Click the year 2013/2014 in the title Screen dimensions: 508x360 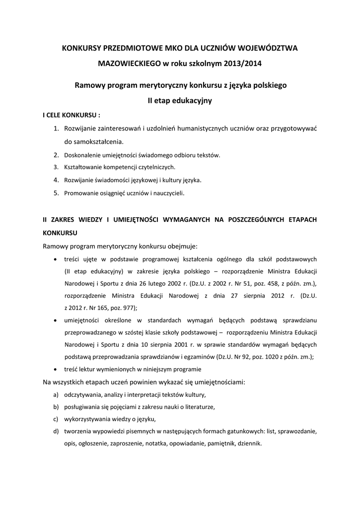(x=243, y=64)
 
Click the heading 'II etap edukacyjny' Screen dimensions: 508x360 (x=180, y=101)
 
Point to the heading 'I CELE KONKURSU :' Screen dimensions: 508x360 (x=72, y=115)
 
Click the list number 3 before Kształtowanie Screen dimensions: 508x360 (x=56, y=167)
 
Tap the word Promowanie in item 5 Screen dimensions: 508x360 (x=80, y=193)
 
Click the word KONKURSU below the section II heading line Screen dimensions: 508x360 (x=60, y=232)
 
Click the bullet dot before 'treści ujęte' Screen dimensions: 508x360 (x=54, y=259)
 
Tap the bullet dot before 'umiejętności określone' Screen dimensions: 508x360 (x=54, y=320)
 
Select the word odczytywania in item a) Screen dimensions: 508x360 (x=82, y=395)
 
